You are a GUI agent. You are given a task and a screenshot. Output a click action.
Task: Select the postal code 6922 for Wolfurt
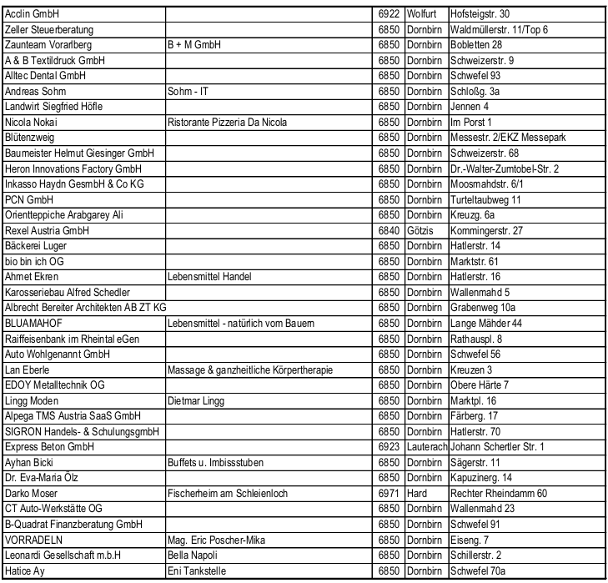[389, 14]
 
